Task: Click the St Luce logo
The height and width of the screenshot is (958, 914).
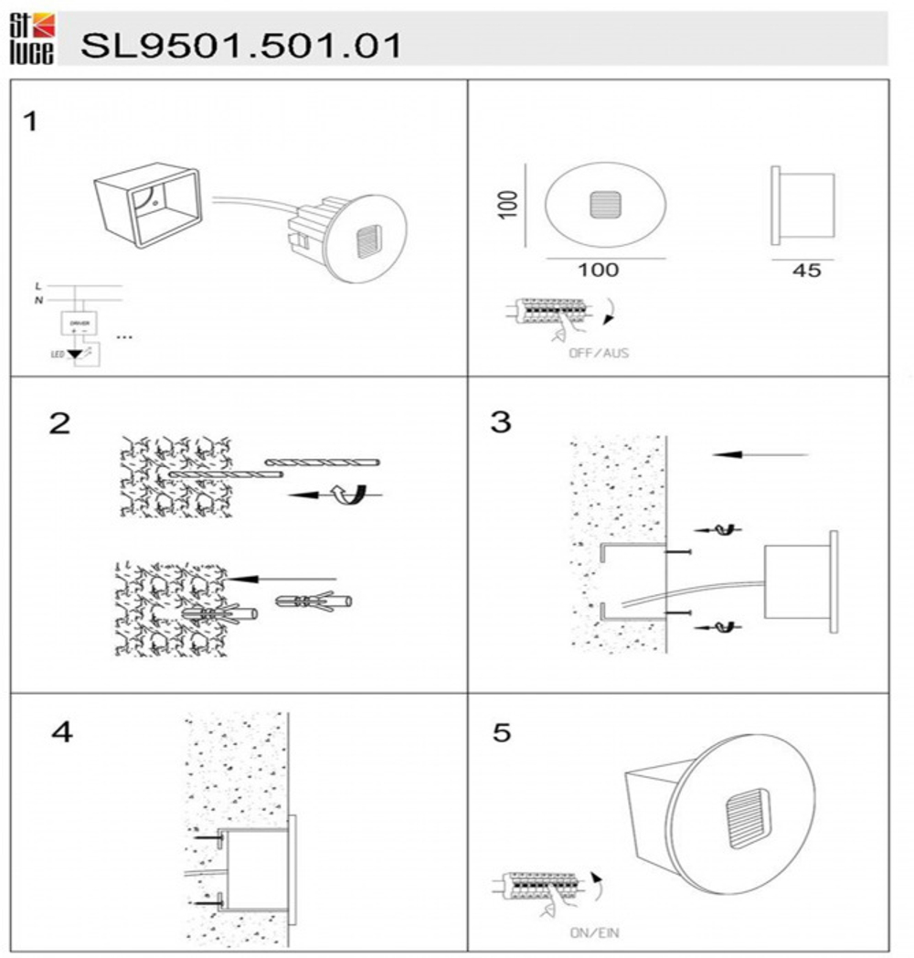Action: coord(31,39)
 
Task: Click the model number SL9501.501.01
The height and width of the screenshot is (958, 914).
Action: coord(240,45)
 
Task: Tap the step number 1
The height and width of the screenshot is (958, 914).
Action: coord(30,122)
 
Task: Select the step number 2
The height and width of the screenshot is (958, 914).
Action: coord(59,424)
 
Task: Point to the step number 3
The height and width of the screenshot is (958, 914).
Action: coord(501,423)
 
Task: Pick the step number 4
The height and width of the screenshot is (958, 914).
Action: coord(62,733)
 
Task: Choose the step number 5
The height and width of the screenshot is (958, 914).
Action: coord(502,733)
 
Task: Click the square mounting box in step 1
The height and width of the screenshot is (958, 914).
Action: coord(147,208)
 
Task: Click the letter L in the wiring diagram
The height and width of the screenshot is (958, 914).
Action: coord(37,285)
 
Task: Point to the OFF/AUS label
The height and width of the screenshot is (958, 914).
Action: coord(599,353)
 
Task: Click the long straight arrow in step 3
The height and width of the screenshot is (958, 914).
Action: coord(760,454)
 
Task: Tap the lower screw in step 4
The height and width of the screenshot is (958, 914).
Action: coord(207,901)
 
